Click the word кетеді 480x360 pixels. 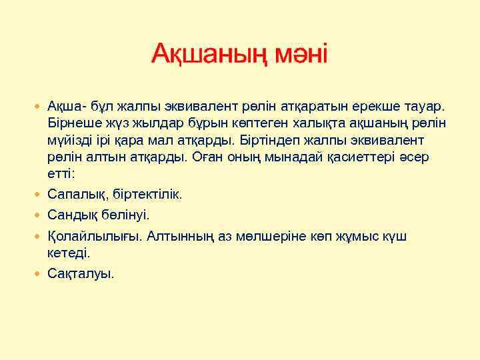coord(68,253)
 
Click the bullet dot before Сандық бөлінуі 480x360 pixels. coord(39,215)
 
